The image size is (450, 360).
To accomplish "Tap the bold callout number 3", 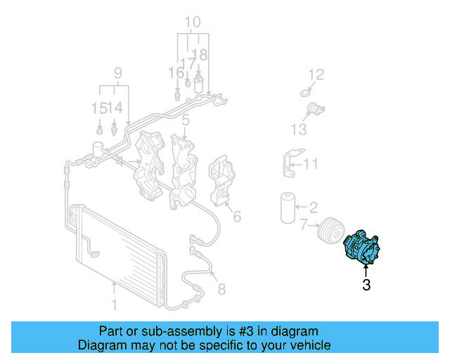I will (366, 285).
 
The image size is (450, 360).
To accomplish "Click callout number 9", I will (118, 72).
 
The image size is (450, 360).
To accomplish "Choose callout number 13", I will (299, 129).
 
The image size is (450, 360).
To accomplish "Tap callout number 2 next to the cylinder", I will (314, 207).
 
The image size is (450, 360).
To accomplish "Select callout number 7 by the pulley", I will (304, 225).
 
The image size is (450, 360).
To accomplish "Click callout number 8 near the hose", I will (221, 288).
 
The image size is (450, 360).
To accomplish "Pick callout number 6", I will (237, 217).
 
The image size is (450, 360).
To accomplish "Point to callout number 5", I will (185, 121).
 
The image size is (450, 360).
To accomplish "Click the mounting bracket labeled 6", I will (222, 181).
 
